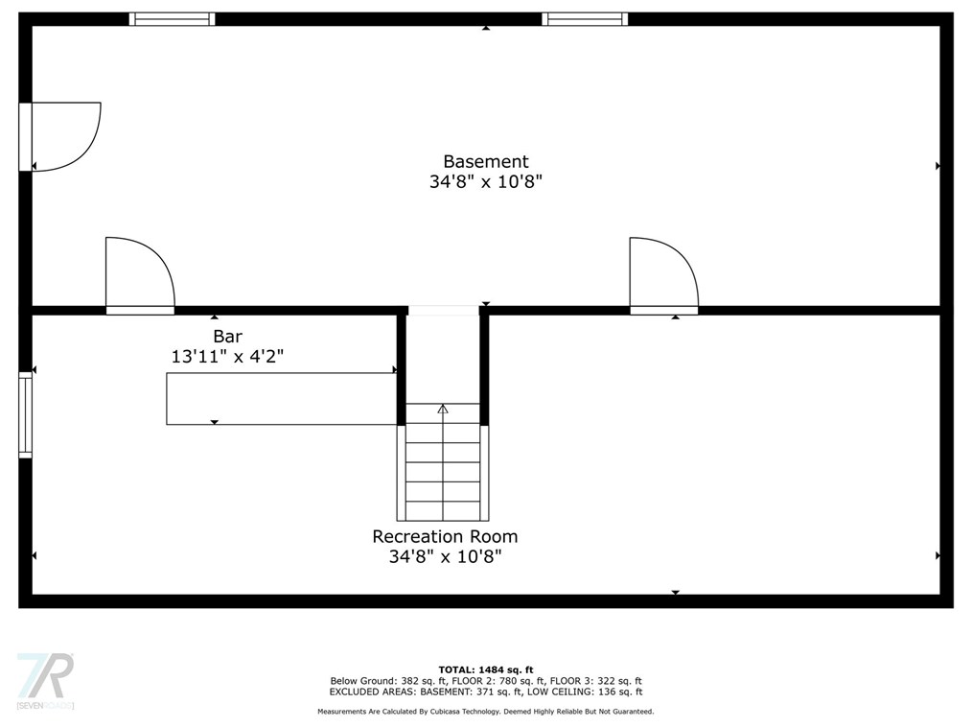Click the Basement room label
pyautogui.click(x=485, y=162)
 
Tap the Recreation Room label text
pyautogui.click(x=445, y=536)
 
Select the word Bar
pyautogui.click(x=227, y=337)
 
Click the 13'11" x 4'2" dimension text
pyautogui.click(x=227, y=356)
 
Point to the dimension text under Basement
pyautogui.click(x=485, y=181)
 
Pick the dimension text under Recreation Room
pyautogui.click(x=445, y=555)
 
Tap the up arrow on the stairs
pyautogui.click(x=443, y=410)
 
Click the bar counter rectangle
pyautogui.click(x=281, y=399)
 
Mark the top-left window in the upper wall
pyautogui.click(x=173, y=19)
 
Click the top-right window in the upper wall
pyautogui.click(x=585, y=19)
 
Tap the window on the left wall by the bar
pyautogui.click(x=26, y=414)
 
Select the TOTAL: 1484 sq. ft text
pyautogui.click(x=485, y=669)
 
